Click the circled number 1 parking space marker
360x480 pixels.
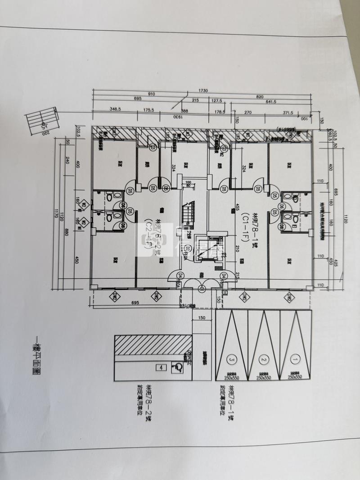click(295, 360)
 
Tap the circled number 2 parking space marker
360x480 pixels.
click(264, 360)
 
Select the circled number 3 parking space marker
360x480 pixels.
click(232, 360)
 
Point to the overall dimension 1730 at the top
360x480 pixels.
click(202, 91)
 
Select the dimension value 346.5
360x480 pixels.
click(116, 109)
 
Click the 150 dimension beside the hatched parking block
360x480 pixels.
click(201, 318)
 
